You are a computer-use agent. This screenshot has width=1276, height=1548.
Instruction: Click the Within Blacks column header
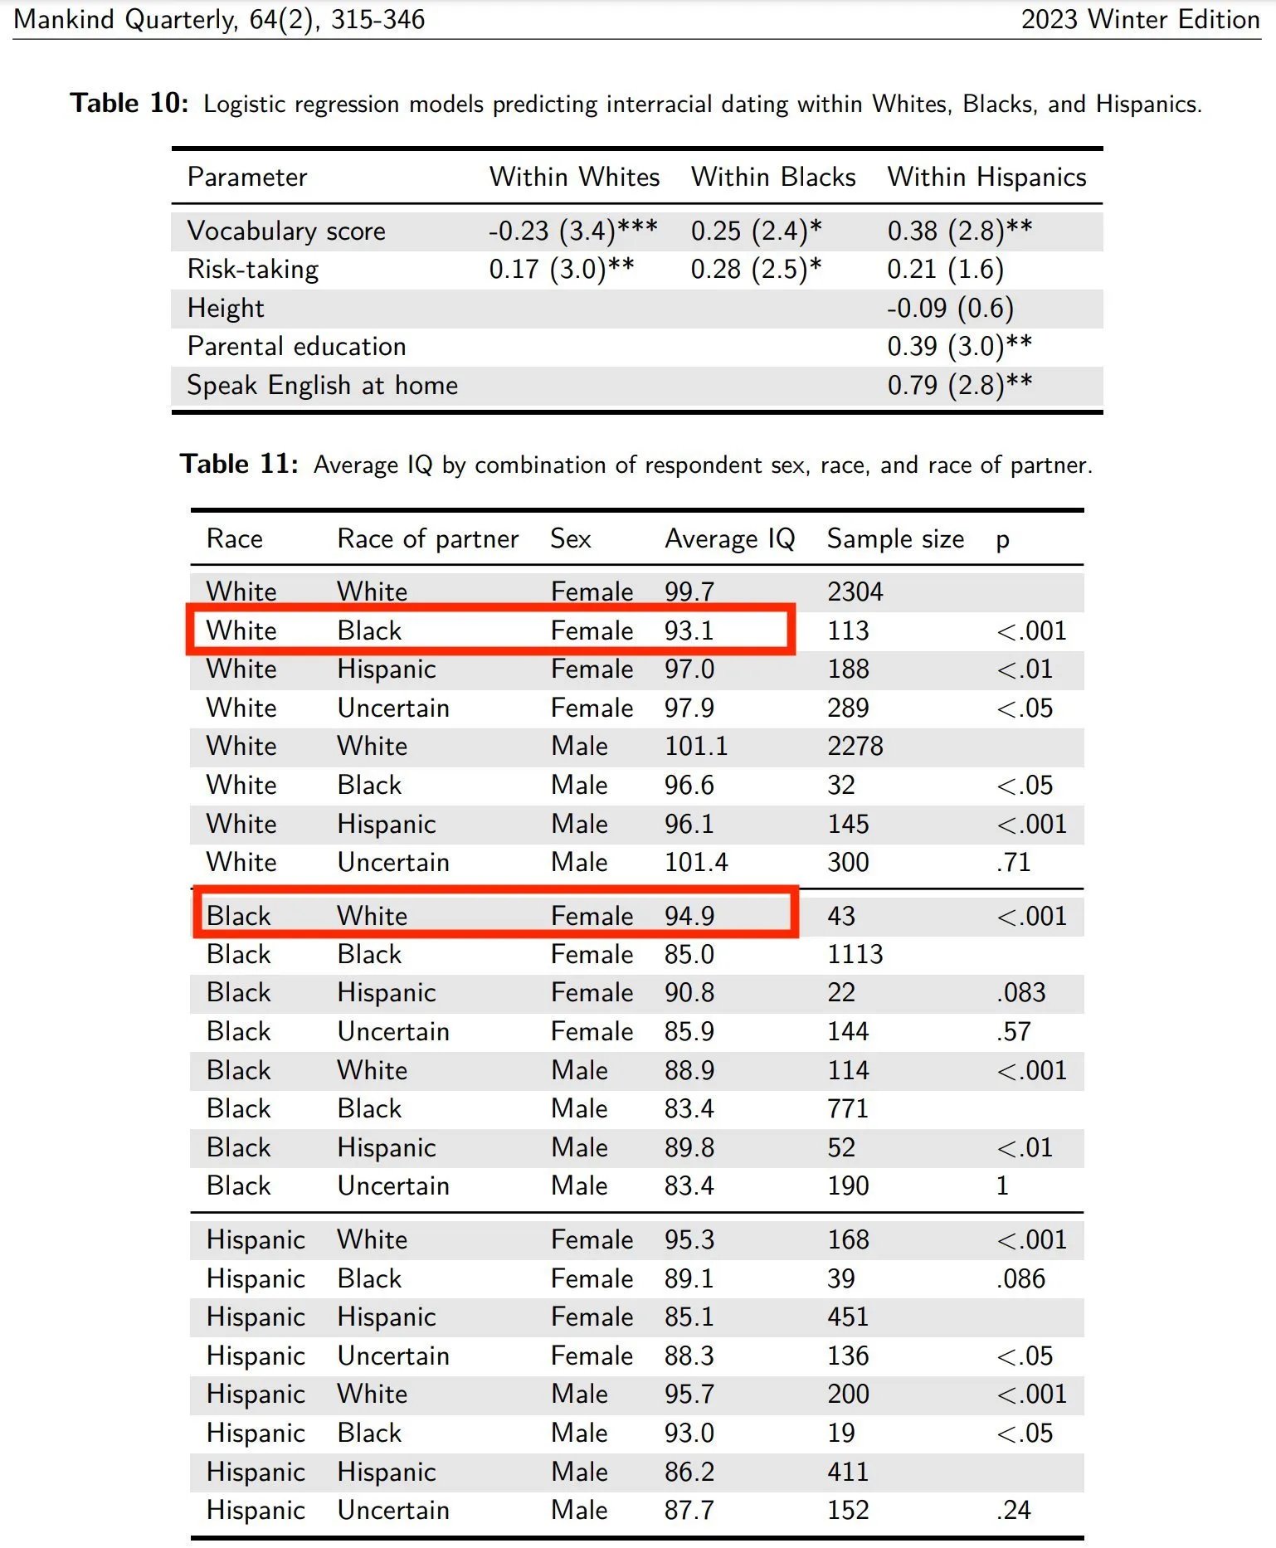773,177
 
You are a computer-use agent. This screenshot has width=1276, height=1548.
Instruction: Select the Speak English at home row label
322,386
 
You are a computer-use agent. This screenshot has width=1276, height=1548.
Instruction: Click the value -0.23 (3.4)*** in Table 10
572,231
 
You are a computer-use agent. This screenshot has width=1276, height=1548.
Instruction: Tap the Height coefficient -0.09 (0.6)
950,309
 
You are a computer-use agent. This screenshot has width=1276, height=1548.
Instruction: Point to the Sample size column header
895,539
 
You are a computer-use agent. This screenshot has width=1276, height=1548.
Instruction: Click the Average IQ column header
729,539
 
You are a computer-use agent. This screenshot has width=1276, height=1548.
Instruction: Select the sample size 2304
855,591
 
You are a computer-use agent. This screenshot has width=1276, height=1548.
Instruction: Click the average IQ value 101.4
695,863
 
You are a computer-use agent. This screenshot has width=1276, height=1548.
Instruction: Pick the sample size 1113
855,954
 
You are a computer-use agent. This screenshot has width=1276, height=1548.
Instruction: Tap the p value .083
1020,993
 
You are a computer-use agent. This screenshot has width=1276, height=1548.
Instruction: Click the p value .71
1013,863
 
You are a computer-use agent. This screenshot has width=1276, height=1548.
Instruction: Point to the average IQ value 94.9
689,916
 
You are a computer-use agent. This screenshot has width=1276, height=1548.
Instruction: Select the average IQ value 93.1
689,630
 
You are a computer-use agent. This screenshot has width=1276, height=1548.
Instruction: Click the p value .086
1020,1278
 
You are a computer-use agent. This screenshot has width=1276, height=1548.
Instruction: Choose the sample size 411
847,1472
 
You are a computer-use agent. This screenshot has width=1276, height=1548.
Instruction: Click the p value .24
1013,1510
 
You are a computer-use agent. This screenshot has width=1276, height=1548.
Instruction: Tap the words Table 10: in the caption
129,103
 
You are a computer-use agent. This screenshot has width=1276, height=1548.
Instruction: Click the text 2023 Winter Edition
1140,19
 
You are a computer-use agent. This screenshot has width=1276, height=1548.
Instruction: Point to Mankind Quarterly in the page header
124,19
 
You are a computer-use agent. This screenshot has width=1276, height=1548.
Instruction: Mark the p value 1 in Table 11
1002,1186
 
